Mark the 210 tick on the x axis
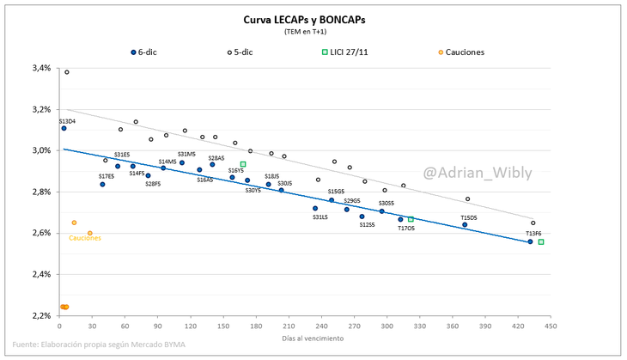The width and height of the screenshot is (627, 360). pos(288,326)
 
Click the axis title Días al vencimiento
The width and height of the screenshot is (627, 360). pos(313,339)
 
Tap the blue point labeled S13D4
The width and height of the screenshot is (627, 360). pos(64,128)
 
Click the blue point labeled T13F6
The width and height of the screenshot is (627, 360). pos(530,241)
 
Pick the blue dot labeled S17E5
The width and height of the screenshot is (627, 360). pos(102,184)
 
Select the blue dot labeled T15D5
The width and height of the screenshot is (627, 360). pos(465,225)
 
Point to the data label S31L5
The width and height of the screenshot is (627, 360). pos(320,217)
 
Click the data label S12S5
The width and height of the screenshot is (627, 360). pos(367,225)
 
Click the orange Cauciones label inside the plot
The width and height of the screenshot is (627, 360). pos(85,238)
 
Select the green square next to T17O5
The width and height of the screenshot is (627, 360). pos(411,219)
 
